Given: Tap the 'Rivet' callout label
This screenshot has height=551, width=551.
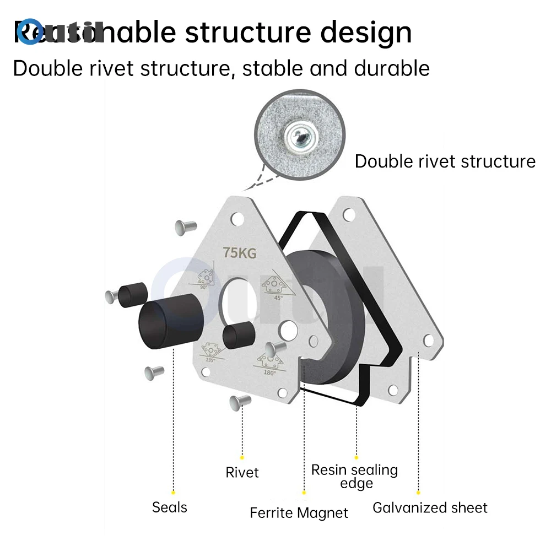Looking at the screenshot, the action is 242,472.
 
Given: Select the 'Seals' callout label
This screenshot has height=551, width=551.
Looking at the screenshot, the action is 170,507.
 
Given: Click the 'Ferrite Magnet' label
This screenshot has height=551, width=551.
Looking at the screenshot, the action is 299,513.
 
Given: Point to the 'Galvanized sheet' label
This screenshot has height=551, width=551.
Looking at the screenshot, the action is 430,507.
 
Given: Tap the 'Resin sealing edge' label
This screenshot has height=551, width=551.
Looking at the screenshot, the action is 354,477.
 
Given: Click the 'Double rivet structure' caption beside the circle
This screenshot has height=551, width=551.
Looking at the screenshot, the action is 445,161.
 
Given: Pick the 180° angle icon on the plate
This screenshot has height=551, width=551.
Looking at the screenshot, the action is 269,363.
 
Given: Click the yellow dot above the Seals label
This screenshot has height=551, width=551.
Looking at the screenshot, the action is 173,492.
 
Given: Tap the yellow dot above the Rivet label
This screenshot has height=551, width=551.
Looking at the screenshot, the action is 242,457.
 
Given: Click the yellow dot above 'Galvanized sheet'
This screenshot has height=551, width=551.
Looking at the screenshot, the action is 418,492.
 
